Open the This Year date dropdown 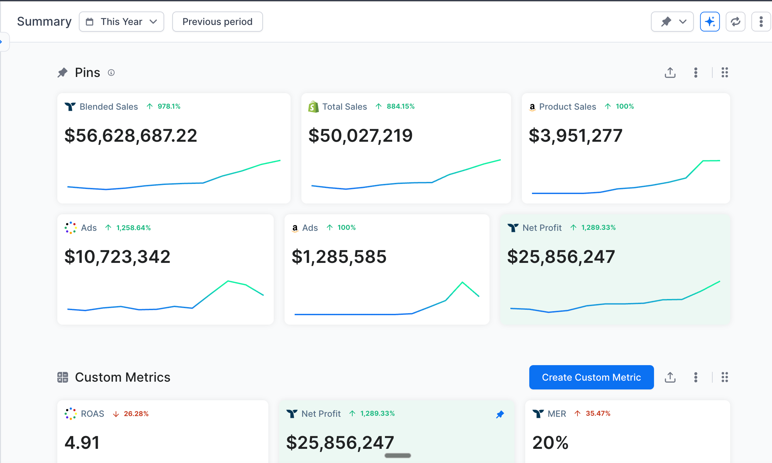tap(121, 22)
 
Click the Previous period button tap(217, 22)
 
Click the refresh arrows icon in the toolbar tap(735, 22)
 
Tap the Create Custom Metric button tap(591, 377)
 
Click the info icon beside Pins tap(111, 73)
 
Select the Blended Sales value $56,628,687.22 tap(131, 136)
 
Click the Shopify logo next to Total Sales tap(314, 107)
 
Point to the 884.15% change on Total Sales tap(400, 107)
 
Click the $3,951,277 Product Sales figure tap(575, 136)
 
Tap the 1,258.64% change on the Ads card tap(133, 228)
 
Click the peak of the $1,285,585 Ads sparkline tap(462, 282)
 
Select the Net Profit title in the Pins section tap(542, 228)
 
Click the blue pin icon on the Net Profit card tap(500, 414)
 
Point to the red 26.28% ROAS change tap(136, 414)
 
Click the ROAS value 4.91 tap(82, 443)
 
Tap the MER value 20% tap(550, 443)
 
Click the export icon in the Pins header tap(670, 73)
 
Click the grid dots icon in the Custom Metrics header tap(724, 377)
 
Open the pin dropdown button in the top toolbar tap(672, 22)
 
